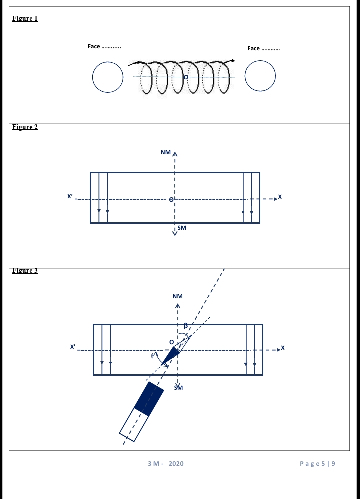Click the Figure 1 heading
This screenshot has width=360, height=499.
(x=25, y=18)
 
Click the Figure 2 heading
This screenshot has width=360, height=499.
(x=25, y=127)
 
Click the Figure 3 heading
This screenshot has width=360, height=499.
(x=25, y=270)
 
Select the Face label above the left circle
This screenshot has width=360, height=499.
(x=104, y=46)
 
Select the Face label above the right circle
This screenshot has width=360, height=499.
(x=264, y=48)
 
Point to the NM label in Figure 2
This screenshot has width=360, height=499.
(x=166, y=152)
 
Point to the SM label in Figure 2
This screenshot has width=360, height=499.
(x=182, y=228)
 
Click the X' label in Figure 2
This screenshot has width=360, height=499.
(x=70, y=196)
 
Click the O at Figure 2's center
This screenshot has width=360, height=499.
(x=171, y=199)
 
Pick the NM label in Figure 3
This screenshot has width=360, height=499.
(x=178, y=296)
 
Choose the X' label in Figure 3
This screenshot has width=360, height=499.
(x=73, y=346)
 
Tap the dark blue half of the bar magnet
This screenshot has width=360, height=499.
(x=149, y=399)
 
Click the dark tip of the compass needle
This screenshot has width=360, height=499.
(x=162, y=364)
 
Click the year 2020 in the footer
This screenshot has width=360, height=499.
(x=176, y=463)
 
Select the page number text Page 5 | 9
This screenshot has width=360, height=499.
(x=317, y=463)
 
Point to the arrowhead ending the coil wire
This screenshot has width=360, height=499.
(x=233, y=61)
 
